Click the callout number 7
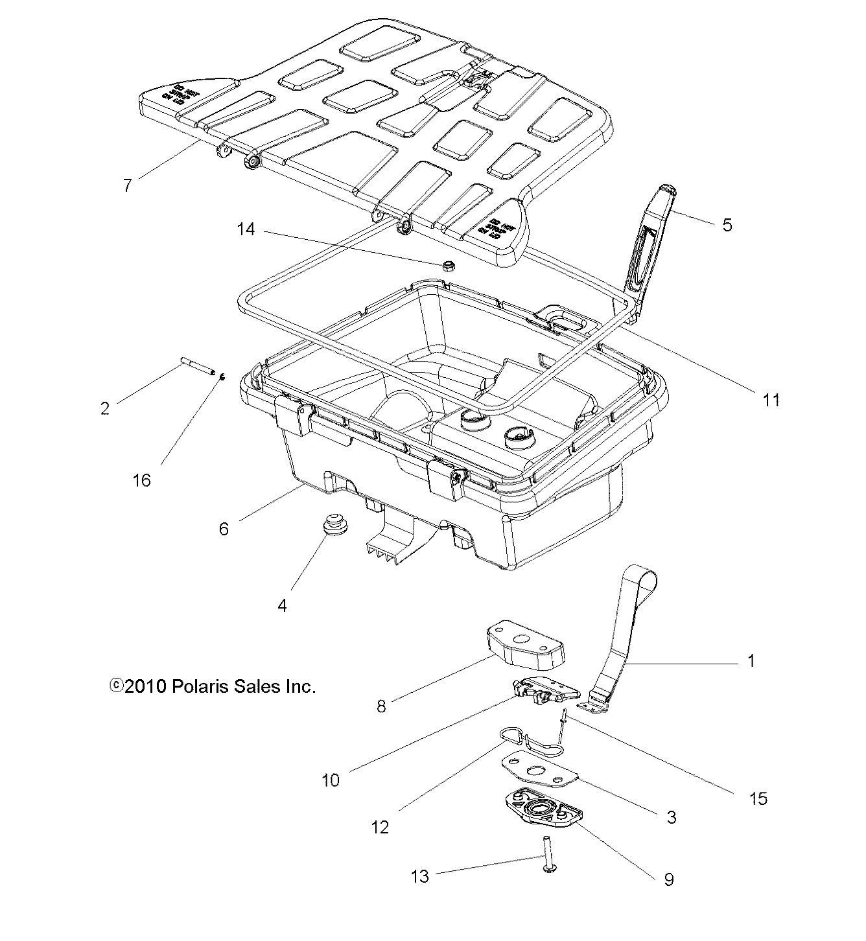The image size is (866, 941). [128, 185]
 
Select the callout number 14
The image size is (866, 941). [246, 229]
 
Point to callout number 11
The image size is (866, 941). [771, 400]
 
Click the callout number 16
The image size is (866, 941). [141, 480]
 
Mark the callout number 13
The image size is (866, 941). [420, 877]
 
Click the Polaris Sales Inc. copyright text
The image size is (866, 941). [213, 686]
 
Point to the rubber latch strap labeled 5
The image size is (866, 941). [650, 246]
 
